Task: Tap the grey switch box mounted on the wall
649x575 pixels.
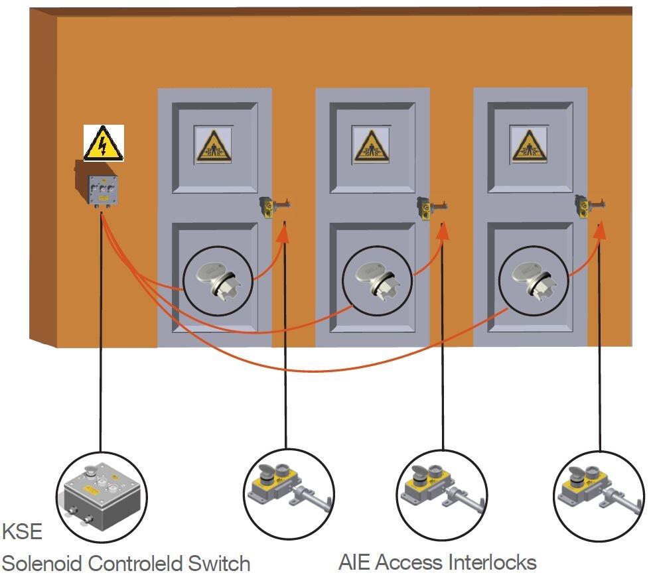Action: (x=103, y=189)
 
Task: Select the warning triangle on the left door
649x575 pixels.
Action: (x=213, y=145)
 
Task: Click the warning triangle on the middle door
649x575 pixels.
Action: (x=371, y=145)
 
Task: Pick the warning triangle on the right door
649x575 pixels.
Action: (x=529, y=145)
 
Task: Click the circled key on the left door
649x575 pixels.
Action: (x=217, y=281)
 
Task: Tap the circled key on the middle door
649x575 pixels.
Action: (x=375, y=281)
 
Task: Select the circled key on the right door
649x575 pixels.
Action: (x=533, y=281)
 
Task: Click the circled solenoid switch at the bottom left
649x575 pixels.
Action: (x=102, y=497)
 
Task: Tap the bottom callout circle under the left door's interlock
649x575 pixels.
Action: (x=287, y=494)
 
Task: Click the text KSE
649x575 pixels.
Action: (x=22, y=532)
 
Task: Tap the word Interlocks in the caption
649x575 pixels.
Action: (x=492, y=562)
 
